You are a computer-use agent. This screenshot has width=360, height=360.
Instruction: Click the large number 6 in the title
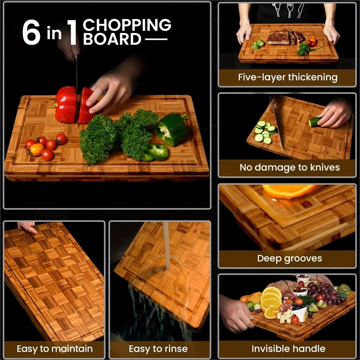pos(31,33)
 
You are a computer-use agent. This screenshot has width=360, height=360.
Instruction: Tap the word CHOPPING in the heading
pos(127,25)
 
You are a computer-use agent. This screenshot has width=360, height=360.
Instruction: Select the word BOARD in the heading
pos(112,40)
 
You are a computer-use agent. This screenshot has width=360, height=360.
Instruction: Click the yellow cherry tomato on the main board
pos(36,149)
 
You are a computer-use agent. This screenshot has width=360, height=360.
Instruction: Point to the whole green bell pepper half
pos(172,129)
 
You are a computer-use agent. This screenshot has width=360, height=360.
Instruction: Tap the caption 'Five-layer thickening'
pos(288,77)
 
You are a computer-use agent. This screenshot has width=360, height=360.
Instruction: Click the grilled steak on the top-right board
pos(282,37)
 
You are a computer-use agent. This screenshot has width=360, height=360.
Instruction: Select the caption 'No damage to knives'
pos(289,168)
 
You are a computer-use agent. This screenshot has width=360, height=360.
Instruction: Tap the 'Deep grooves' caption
pos(289,258)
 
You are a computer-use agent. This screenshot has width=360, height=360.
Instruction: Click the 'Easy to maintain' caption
pos(54,349)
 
